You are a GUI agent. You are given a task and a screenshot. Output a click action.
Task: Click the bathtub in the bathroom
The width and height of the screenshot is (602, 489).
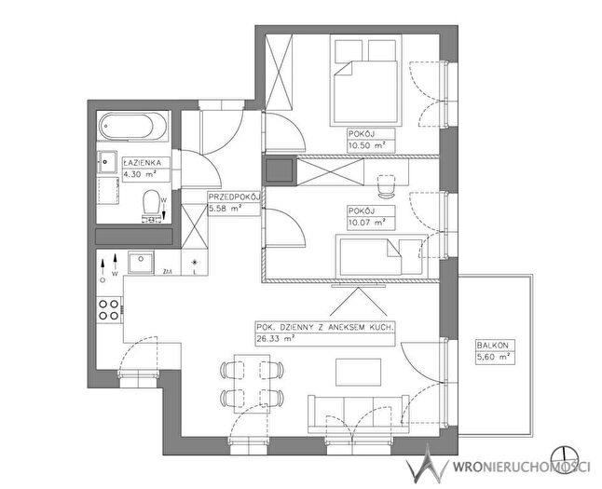coord(133,126)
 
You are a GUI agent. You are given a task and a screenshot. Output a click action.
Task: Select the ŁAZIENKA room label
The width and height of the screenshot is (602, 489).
coord(142,163)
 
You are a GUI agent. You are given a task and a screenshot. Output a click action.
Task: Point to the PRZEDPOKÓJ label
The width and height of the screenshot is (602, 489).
coord(235,197)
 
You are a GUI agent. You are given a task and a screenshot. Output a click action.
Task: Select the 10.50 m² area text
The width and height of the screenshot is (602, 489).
coord(366,146)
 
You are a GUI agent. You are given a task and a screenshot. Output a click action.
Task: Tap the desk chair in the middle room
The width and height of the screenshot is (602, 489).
coord(386,185)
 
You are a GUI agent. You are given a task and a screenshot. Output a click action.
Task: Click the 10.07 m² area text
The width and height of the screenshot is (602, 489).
coord(366,223)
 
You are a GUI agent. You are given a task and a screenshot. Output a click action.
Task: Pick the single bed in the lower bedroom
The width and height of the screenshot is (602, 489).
coord(381,256)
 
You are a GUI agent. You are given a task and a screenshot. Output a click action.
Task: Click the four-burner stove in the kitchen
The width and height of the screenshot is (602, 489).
coord(109,310)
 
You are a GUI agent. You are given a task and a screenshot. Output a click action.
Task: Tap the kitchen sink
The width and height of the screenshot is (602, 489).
coord(141,263)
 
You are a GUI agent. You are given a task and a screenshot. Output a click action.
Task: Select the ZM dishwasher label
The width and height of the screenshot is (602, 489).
coord(168,272)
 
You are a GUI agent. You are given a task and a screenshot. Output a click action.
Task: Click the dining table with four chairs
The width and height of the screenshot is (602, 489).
coord(252,384)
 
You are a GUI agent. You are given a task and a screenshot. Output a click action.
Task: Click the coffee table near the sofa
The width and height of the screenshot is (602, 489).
coord(358,373)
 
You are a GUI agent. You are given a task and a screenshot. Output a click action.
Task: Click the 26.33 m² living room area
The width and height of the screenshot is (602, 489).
coord(276,338)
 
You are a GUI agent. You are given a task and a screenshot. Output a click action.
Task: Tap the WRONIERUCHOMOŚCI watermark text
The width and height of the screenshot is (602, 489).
coord(521,467)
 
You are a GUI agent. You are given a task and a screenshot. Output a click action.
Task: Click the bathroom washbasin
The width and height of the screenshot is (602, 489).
coord(107,163)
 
